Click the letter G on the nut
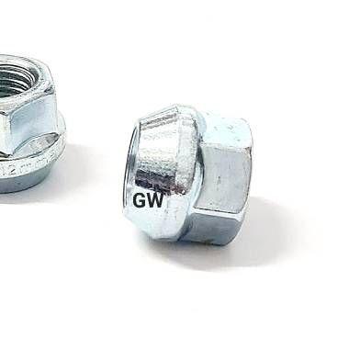coord(139,201)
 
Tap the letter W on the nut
coord(155,201)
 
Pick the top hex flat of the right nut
coord(228,130)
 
